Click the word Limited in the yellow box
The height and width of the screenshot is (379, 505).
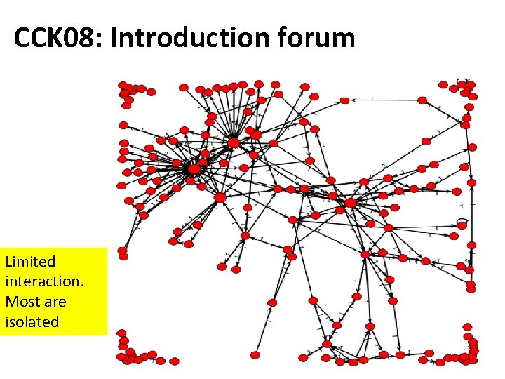pyautogui.click(x=30, y=262)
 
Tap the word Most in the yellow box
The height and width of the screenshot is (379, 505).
pyautogui.click(x=20, y=302)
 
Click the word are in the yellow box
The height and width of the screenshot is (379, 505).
pyautogui.click(x=55, y=302)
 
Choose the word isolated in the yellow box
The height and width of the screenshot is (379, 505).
pyautogui.click(x=32, y=322)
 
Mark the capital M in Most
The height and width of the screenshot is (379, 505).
pyautogui.click(x=11, y=302)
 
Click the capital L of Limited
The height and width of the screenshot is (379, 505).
pyautogui.click(x=8, y=262)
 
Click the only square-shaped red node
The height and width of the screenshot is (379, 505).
pyautogui.click(x=344, y=100)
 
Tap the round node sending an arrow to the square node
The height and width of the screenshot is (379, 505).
pyautogui.click(x=422, y=100)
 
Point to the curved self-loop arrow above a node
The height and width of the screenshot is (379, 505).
pyautogui.click(x=462, y=220)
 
